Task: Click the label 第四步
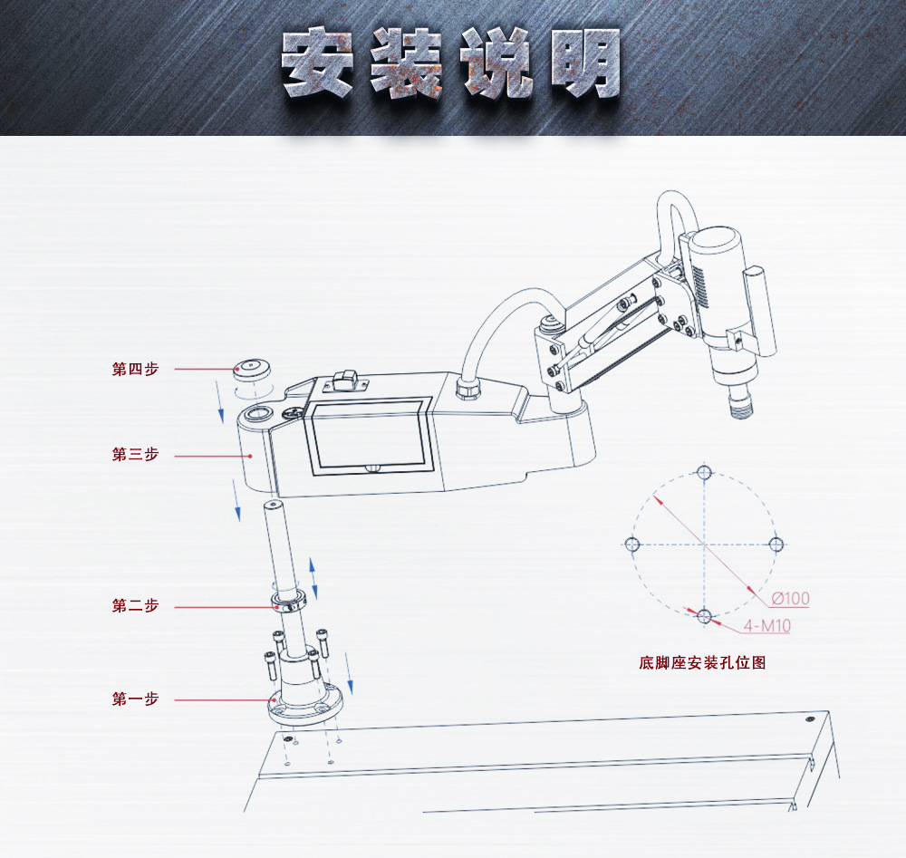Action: tap(135, 369)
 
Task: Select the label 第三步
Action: tap(135, 454)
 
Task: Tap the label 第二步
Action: tap(135, 605)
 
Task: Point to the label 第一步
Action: tap(135, 699)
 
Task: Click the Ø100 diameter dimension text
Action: tap(790, 599)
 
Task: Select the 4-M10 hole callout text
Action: tap(767, 626)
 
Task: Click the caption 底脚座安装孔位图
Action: tap(703, 662)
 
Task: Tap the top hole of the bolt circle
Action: tap(704, 473)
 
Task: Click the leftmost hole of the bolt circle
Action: tap(631, 545)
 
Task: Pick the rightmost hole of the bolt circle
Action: tap(776, 545)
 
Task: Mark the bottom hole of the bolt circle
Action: tap(704, 616)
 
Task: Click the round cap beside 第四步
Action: tap(252, 370)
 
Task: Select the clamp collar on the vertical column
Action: tap(289, 602)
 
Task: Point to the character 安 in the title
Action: tap(317, 62)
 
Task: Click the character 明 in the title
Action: tap(585, 62)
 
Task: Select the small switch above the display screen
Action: tap(345, 381)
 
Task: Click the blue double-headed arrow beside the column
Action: tap(313, 578)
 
